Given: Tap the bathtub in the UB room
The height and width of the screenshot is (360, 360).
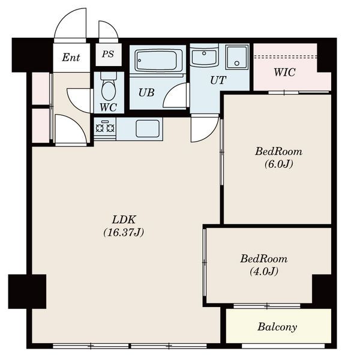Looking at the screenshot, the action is (159, 60).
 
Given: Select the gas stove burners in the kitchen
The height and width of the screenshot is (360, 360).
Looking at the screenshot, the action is (105, 128).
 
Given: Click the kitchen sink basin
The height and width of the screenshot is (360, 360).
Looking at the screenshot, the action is (148, 128).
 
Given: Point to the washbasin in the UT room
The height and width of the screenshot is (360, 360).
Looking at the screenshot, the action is (204, 56).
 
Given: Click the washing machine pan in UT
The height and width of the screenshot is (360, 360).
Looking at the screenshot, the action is (237, 57).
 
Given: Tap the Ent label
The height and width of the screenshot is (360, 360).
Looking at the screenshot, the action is (71, 58).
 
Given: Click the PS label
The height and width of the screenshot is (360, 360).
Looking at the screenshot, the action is (108, 54).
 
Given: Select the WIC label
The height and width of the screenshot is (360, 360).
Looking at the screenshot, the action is (284, 73).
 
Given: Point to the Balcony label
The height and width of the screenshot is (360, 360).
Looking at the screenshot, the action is (277, 327).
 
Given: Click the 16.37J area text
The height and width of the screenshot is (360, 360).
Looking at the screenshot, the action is (124, 233).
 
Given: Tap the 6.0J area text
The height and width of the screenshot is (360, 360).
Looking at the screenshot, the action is (279, 164).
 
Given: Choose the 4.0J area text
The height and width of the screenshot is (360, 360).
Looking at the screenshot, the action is (264, 271).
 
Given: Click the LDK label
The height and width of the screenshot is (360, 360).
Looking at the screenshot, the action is (124, 220).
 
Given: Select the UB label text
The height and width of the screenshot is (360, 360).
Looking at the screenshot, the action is (146, 92).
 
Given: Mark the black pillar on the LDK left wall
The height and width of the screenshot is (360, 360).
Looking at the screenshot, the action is (28, 292).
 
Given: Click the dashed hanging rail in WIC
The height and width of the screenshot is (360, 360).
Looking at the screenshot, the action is (286, 56).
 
